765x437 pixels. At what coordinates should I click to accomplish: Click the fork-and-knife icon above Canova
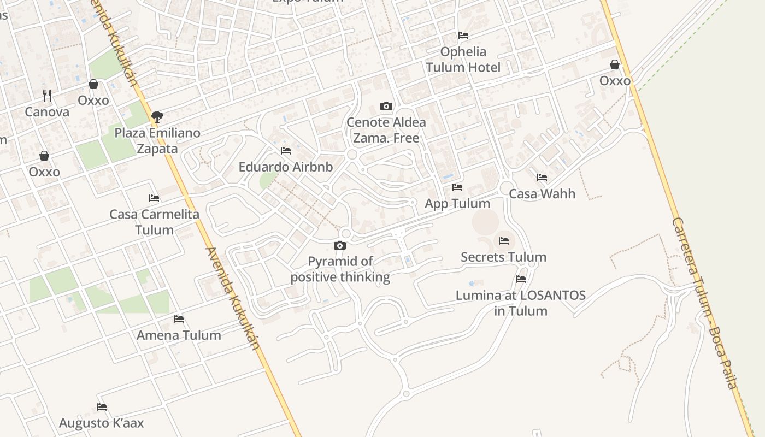tap(47, 96)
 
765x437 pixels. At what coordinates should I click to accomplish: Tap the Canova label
tap(47, 112)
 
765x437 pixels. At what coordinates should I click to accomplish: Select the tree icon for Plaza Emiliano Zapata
tap(157, 116)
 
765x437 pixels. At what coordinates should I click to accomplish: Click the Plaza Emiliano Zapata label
tap(157, 141)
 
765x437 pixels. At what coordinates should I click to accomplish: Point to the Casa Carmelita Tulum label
tap(155, 222)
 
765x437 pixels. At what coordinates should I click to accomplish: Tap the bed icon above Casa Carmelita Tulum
tap(154, 198)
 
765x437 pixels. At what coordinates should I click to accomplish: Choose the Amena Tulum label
tap(179, 335)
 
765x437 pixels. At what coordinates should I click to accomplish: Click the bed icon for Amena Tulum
tap(179, 319)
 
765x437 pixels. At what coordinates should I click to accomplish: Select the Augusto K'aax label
tap(101, 423)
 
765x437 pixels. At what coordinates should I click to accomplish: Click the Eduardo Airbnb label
tap(286, 167)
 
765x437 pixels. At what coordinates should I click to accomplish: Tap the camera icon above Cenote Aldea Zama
tap(386, 106)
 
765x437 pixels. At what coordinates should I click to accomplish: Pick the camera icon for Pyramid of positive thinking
tap(340, 246)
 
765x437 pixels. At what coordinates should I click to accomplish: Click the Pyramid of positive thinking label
tap(340, 269)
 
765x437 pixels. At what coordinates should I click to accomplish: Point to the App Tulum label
tap(457, 204)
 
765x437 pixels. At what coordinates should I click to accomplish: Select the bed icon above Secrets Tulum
tap(504, 241)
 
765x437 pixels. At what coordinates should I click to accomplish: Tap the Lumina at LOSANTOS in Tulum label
tap(521, 303)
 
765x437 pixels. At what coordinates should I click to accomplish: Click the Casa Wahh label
tap(542, 194)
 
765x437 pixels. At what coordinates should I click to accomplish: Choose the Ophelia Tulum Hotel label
tap(463, 60)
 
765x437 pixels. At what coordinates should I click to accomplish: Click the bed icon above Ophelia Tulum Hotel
tap(463, 36)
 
